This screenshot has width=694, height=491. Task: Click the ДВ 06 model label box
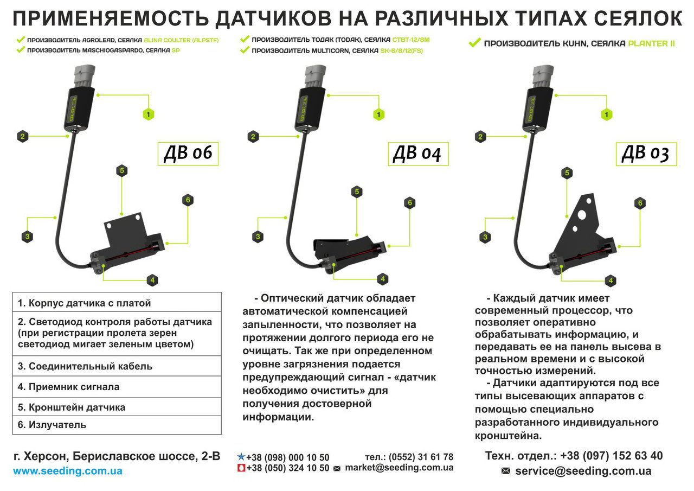coord(188,154)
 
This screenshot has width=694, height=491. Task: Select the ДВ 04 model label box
coord(418,154)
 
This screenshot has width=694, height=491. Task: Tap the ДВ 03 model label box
coord(646,154)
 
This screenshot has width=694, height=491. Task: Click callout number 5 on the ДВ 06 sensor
coord(122,170)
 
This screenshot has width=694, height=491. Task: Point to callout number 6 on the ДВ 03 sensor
coord(640,203)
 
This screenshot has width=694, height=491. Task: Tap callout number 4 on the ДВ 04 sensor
coord(383,279)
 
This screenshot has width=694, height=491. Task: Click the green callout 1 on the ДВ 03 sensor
coord(607,114)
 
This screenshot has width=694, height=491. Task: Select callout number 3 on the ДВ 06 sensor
coord(27,237)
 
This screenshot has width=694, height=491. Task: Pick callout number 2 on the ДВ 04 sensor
coord(253,137)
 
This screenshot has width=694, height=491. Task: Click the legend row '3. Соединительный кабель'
coord(117,366)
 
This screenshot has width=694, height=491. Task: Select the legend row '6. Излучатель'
coord(117,425)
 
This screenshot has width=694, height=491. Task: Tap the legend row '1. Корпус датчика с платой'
coord(117,303)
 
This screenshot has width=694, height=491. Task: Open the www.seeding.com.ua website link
coord(68,471)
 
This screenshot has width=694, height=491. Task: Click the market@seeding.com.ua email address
coord(399,468)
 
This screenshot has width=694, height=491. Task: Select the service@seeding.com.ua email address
coord(583,471)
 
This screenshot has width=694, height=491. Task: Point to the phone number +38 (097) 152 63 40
coord(612,456)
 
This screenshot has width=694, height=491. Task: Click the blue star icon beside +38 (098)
coord(241,457)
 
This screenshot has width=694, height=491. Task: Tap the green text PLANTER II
coord(651,43)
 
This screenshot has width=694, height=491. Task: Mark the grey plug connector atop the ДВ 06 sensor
coord(83,76)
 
